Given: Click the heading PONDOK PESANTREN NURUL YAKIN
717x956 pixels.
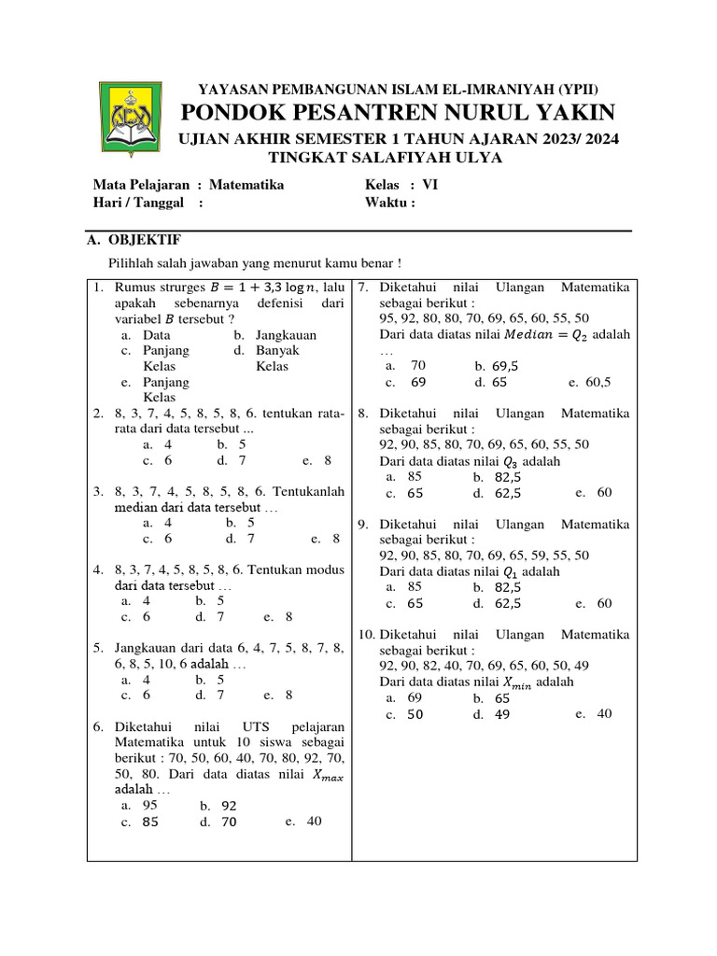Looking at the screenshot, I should tap(398, 114).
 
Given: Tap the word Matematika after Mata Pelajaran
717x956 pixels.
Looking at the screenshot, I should tap(246, 185).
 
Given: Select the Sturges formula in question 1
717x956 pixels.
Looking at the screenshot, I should tap(260, 288).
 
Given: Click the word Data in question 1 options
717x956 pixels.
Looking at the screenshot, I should tap(157, 335).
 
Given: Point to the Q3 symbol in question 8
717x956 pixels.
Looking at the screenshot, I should tap(510, 461).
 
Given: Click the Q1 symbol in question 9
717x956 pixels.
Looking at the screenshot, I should tap(510, 571).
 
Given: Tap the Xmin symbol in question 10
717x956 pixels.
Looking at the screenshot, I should tap(517, 682).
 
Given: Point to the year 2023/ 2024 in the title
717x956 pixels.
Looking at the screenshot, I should tap(577, 139).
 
